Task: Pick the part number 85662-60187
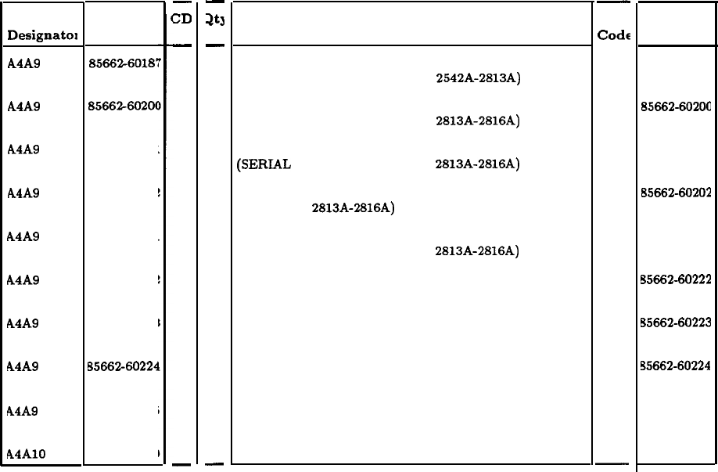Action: pos(125,63)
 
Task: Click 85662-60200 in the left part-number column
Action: pos(125,106)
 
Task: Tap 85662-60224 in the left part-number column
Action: pos(125,367)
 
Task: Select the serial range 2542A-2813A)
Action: pos(479,77)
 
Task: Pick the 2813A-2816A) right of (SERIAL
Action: pos(479,164)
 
